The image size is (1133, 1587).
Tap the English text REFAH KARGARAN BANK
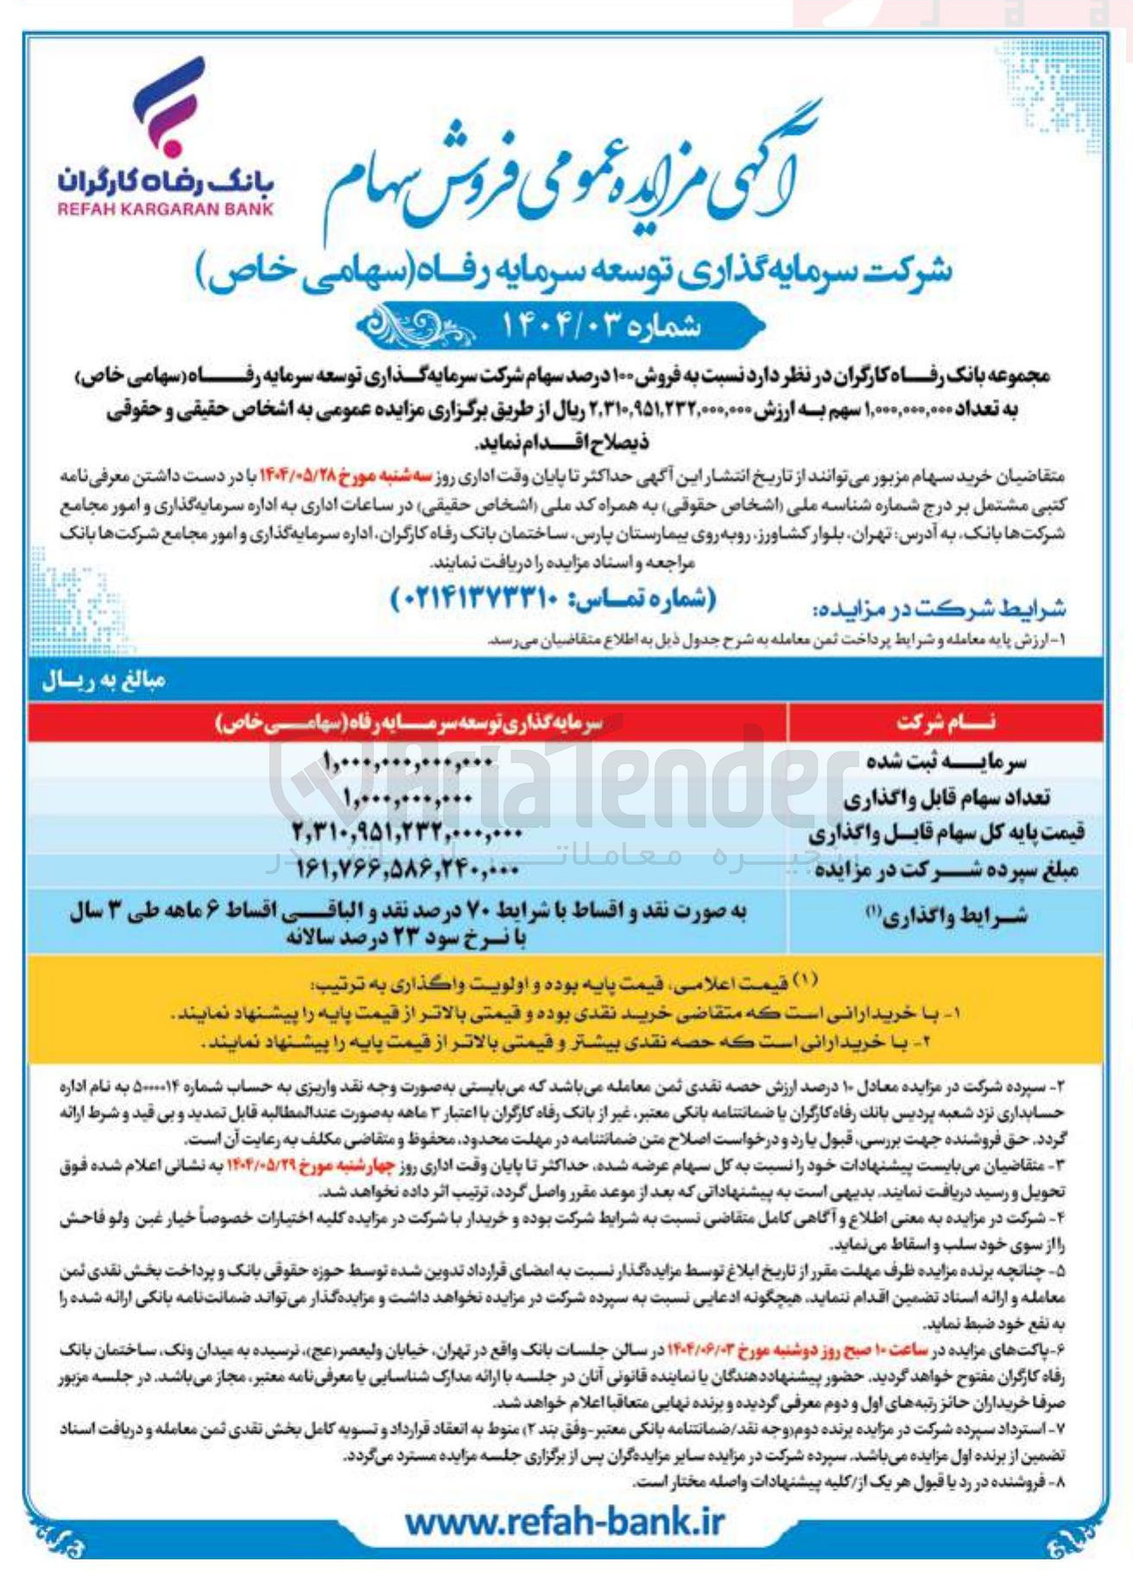pos(166,209)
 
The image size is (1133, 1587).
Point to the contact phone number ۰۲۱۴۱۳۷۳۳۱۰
pos(553,598)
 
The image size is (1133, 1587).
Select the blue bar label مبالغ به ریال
pos(104,682)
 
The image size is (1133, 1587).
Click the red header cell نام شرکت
pos(945,722)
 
